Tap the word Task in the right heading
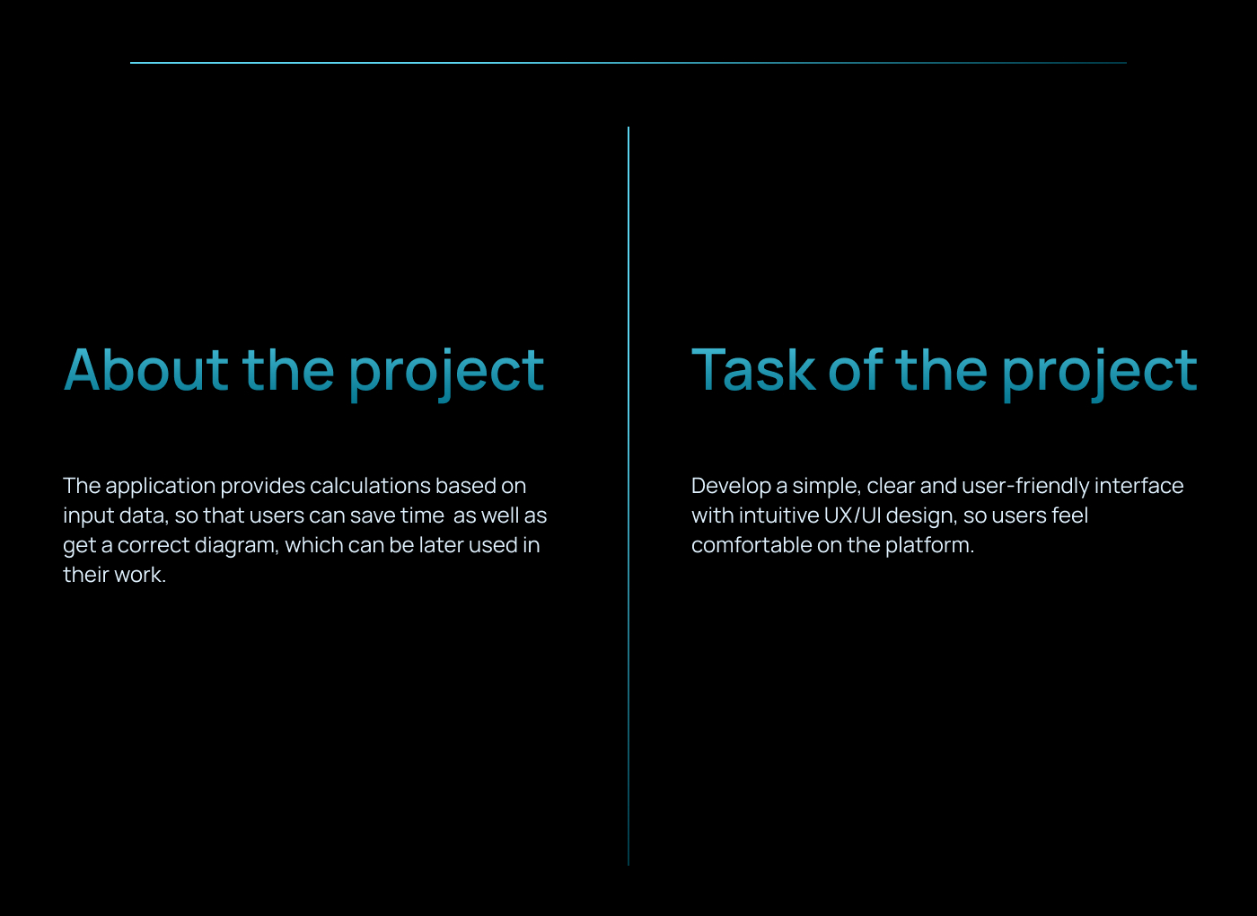point(753,370)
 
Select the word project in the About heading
point(446,374)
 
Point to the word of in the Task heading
point(855,369)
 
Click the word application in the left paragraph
point(161,487)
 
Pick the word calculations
point(370,486)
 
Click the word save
point(373,515)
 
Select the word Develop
point(731,487)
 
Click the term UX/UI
point(852,515)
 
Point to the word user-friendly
point(1025,487)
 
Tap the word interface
point(1138,486)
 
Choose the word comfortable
point(752,545)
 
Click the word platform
point(929,546)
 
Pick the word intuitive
point(779,515)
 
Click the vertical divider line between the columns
point(628,496)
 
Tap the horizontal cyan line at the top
point(628,63)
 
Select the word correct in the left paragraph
point(154,546)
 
